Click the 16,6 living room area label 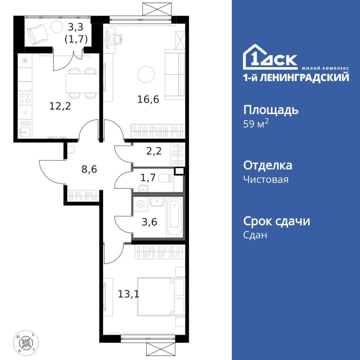[x=148, y=99]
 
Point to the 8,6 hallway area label [x=89, y=169]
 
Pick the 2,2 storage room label [x=154, y=151]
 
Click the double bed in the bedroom [x=157, y=296]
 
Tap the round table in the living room [x=146, y=74]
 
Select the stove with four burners [x=25, y=98]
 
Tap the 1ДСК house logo [x=270, y=58]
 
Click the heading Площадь [x=271, y=110]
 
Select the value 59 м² [x=256, y=124]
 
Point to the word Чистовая [x=266, y=179]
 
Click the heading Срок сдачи [x=276, y=221]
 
